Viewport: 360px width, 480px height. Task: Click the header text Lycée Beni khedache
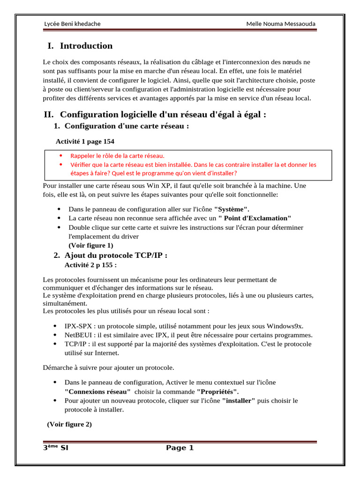(x=72, y=24)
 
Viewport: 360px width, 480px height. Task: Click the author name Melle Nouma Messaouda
(x=281, y=24)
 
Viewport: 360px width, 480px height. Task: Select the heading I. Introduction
(x=80, y=46)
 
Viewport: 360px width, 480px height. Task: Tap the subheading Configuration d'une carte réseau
(x=127, y=126)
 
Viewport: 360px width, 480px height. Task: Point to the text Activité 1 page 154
(x=85, y=141)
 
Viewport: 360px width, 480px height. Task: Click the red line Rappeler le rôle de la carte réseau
(x=117, y=156)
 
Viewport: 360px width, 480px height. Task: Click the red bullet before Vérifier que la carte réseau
(x=60, y=165)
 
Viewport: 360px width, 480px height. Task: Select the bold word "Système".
(x=232, y=209)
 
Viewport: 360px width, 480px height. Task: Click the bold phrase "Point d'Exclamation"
(x=255, y=218)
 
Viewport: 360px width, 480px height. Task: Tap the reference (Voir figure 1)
(x=91, y=245)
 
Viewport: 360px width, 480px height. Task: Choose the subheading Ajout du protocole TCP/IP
(x=116, y=255)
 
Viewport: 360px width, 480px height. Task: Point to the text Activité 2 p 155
(x=90, y=265)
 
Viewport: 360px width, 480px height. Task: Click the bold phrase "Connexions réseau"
(x=98, y=391)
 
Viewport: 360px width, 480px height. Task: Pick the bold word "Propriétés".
(x=217, y=391)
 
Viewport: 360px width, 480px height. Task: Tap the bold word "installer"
(x=239, y=401)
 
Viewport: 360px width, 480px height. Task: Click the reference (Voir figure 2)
(x=69, y=425)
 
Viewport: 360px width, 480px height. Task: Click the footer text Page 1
(x=180, y=448)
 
